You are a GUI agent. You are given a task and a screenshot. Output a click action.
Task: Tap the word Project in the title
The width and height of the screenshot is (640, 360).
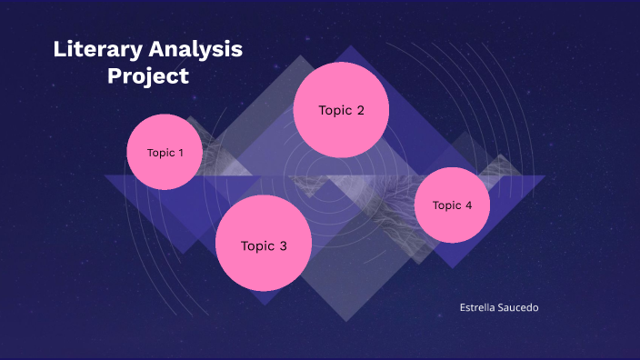point(148,76)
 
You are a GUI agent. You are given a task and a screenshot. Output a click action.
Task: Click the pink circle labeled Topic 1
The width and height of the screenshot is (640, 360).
point(165,152)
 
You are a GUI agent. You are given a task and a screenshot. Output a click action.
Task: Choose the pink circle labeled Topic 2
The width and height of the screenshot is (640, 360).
point(341,110)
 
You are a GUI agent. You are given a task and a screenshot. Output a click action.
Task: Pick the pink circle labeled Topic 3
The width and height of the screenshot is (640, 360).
point(264,245)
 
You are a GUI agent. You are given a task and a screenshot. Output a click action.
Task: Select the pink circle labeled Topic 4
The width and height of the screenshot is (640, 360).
point(452,205)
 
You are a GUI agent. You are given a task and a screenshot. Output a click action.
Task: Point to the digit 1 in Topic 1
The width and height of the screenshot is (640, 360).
point(180,153)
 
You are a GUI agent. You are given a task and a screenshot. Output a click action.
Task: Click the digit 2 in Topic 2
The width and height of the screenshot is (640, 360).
point(360,111)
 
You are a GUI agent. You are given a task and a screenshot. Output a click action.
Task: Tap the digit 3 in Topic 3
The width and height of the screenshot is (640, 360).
point(283,245)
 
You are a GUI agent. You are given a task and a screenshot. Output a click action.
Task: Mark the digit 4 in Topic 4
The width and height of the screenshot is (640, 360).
point(468,205)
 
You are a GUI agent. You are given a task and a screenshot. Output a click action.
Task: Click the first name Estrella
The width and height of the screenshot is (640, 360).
point(479,308)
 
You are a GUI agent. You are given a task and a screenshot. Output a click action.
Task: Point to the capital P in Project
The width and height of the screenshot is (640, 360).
point(115,76)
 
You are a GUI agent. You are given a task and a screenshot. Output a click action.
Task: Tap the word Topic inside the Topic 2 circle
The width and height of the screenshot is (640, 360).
point(334,111)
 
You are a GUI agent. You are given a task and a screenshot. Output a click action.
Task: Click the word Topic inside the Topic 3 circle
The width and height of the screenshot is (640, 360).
point(256,245)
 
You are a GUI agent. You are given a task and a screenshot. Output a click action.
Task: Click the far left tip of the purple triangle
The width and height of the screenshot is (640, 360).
point(105,175)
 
